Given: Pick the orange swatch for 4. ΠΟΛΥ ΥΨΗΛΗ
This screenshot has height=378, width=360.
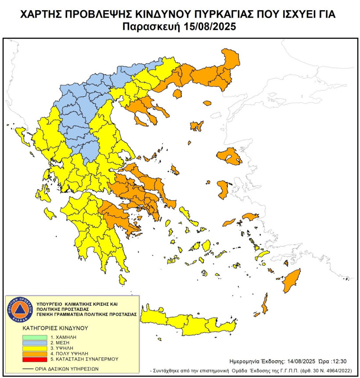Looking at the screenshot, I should (x=34, y=353).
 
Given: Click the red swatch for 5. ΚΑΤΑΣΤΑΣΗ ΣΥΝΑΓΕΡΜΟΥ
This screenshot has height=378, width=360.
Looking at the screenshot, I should (x=34, y=359).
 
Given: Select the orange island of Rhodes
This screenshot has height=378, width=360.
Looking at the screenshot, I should (x=290, y=281).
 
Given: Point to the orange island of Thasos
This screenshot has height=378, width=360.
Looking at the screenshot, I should (x=178, y=94).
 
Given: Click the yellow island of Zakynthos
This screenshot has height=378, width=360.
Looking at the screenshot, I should (x=50, y=214).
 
